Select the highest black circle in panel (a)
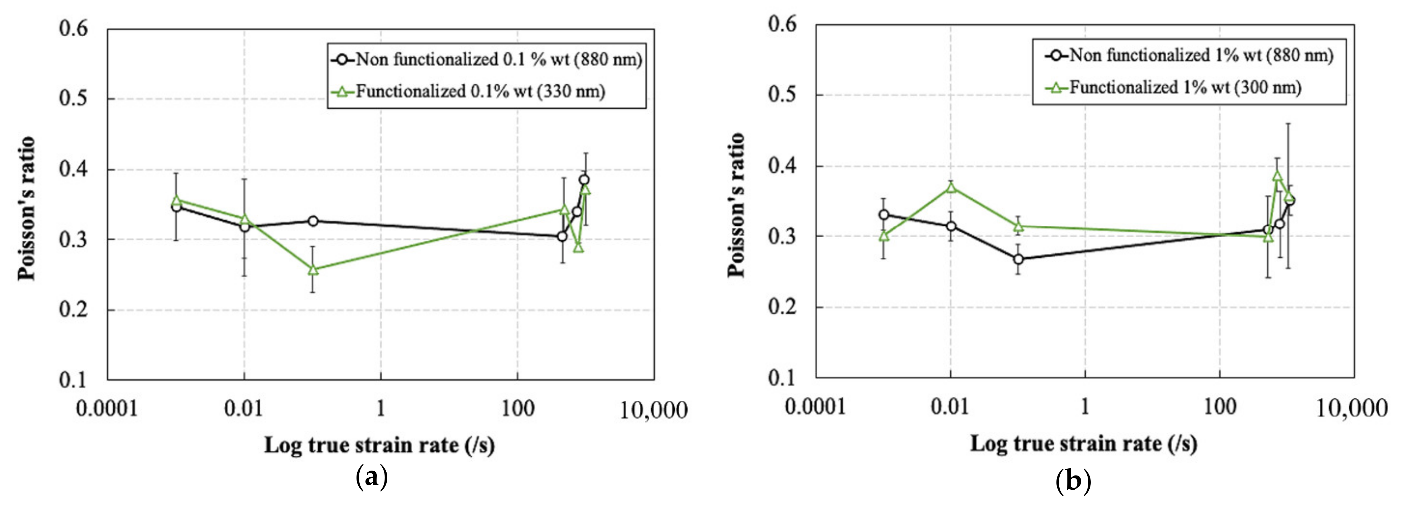584,180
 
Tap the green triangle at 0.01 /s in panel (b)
951,188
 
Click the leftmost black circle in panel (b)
884,214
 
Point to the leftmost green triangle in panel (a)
176,200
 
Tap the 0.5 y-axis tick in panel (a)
74,98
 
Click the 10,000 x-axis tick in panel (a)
654,411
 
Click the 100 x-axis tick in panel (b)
1220,406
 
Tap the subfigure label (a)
372,477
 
